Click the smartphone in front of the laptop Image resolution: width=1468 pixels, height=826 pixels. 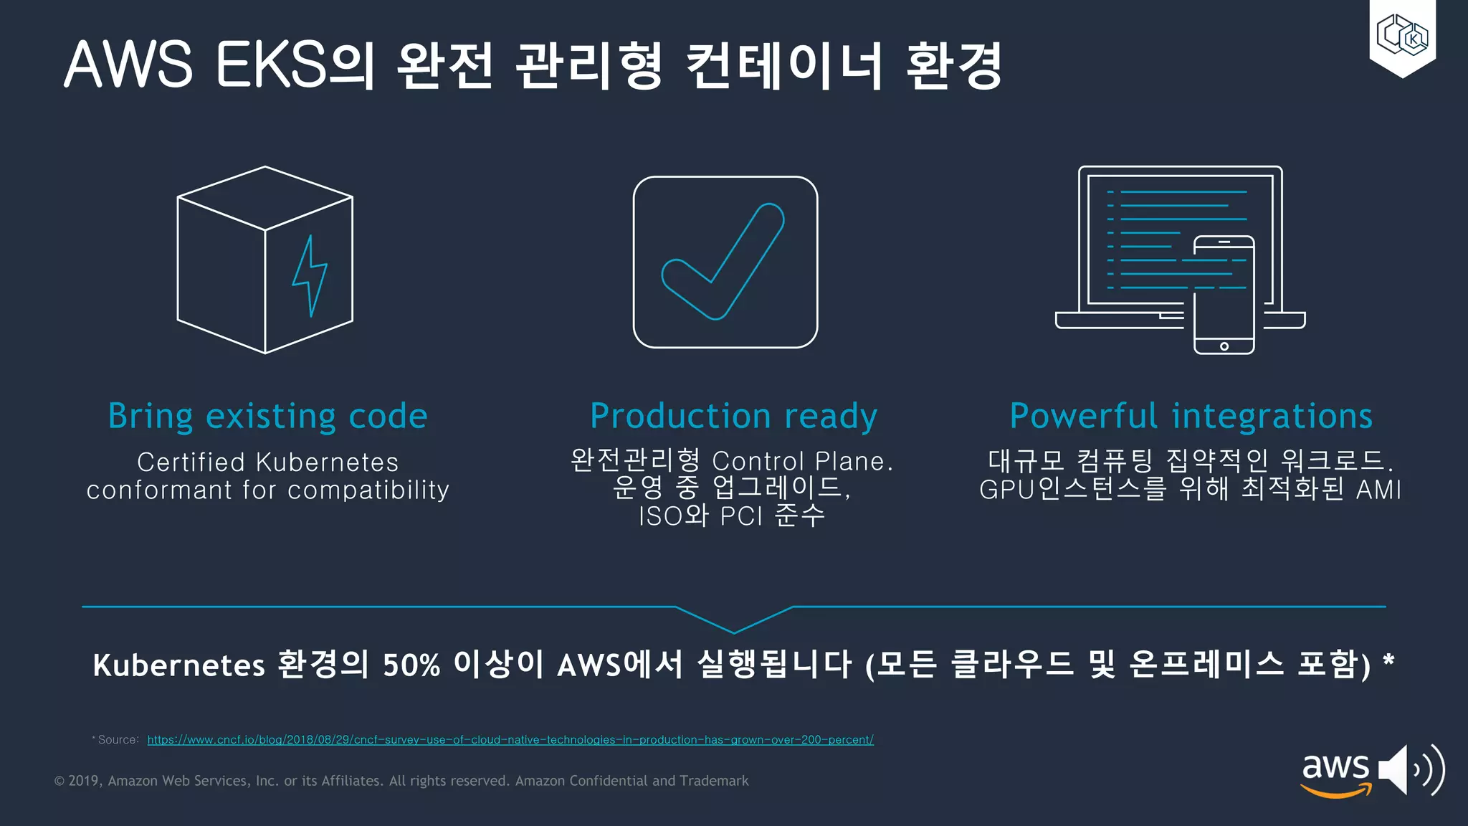pyautogui.click(x=1224, y=295)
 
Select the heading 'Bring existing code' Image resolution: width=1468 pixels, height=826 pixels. pyautogui.click(x=267, y=416)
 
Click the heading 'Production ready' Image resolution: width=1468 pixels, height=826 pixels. pyautogui.click(x=733, y=416)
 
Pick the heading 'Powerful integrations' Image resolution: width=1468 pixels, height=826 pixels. pyautogui.click(x=1191, y=416)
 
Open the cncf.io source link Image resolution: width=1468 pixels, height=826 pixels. pyautogui.click(x=510, y=740)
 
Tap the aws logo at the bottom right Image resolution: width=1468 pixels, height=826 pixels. pyautogui.click(x=1335, y=774)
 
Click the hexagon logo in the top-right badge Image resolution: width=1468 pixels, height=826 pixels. pyautogui.click(x=1402, y=35)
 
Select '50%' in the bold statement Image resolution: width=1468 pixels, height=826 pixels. pyautogui.click(x=411, y=665)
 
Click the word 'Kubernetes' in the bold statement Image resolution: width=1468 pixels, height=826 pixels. pyautogui.click(x=179, y=665)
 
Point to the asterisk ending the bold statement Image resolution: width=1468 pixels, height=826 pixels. pyautogui.click(x=1388, y=660)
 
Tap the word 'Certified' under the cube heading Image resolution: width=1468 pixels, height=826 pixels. pyautogui.click(x=191, y=462)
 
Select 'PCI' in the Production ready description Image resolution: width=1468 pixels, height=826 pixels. pyautogui.click(x=741, y=516)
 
